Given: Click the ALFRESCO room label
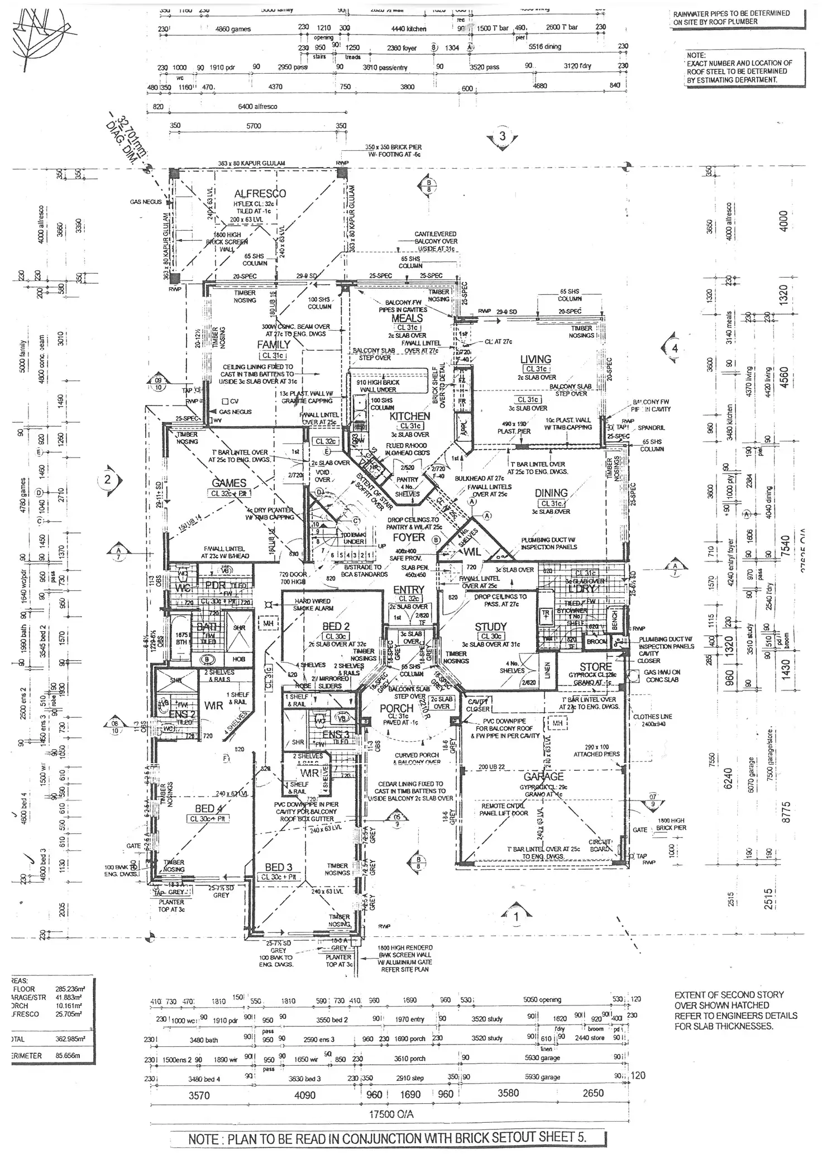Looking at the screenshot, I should [260, 194].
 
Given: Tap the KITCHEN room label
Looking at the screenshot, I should [409, 416].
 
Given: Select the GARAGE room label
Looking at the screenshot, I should [543, 776].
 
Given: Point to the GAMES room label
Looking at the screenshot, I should [229, 483].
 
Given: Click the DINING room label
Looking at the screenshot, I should [551, 493].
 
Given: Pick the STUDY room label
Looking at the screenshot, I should [490, 627].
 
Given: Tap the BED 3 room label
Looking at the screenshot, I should [278, 867].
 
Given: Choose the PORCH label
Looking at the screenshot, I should [396, 708].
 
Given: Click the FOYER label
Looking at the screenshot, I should [409, 537].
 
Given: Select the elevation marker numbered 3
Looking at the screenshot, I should [502, 136].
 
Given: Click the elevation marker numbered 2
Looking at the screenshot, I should [108, 479].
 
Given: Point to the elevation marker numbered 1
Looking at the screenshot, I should [516, 917].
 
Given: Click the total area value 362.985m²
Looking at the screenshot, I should [68, 1038].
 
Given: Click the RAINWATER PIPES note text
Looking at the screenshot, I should [732, 17].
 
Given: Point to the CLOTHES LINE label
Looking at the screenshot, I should [652, 717].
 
